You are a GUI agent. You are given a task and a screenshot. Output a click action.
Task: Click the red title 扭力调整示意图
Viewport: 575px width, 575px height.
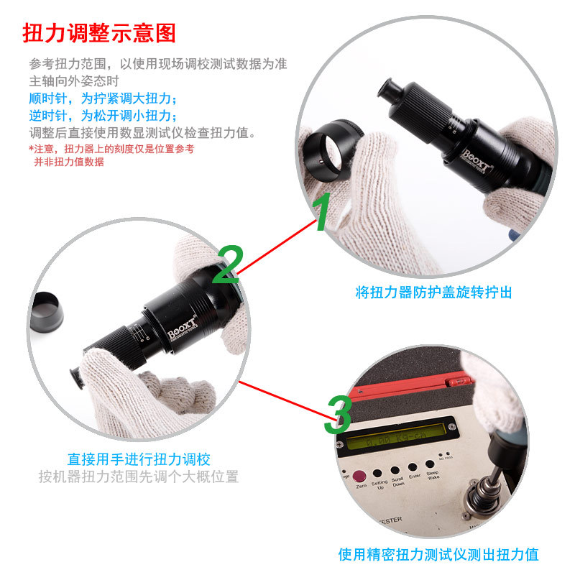pos(99,33)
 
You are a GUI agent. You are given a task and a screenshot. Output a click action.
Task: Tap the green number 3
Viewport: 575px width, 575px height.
pos(338,415)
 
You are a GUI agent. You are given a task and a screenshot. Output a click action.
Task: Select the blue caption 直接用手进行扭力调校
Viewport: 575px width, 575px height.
pos(139,459)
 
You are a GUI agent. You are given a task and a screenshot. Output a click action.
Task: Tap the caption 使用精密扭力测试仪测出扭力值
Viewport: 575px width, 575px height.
pos(438,555)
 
